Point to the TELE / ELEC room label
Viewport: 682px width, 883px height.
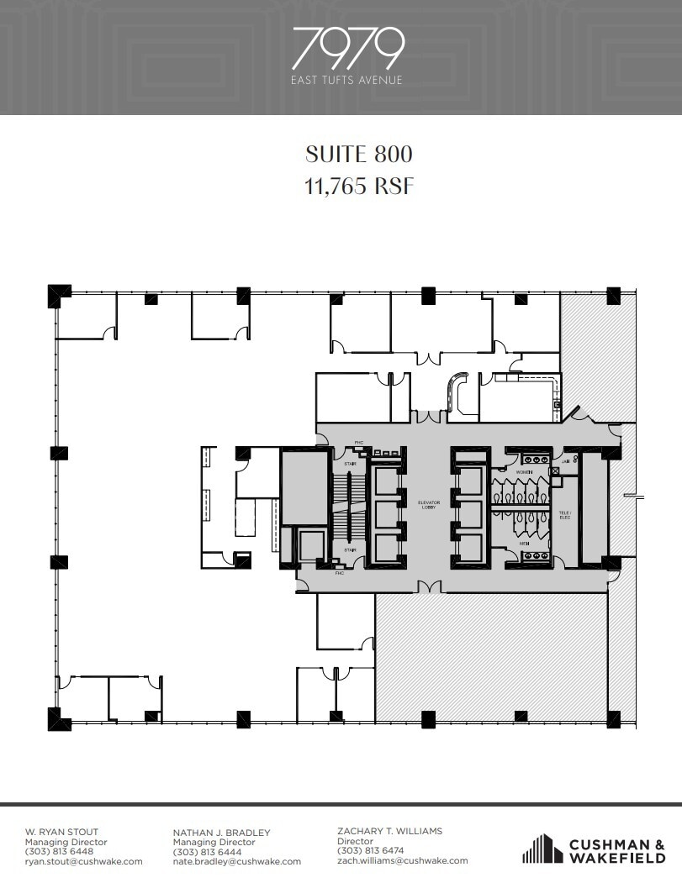coord(564,515)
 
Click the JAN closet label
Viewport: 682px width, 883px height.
coord(566,460)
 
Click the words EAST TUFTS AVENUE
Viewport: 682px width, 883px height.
coord(347,81)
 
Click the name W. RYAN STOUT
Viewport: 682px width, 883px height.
coord(61,833)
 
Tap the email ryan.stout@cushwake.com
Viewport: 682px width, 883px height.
coord(83,861)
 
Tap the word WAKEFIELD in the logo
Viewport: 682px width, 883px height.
coord(618,858)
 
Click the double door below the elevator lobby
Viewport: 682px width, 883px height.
coord(430,586)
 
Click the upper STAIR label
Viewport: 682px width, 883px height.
coord(351,463)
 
